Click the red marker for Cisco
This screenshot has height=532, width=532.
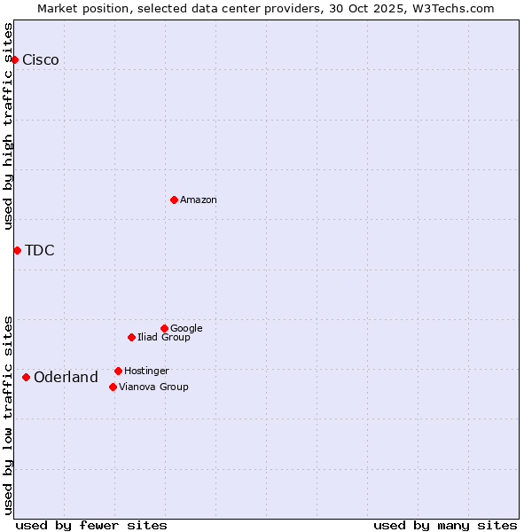(14, 59)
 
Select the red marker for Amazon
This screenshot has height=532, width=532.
(174, 199)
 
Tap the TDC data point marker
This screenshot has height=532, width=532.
(17, 250)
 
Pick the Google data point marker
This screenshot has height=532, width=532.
(164, 328)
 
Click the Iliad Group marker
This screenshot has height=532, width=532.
(131, 337)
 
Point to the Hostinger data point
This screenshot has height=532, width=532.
(118, 371)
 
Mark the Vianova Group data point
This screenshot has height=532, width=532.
(113, 387)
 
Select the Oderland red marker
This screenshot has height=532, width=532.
(26, 377)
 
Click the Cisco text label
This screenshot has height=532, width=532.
(41, 60)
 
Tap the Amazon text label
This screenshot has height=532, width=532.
(199, 200)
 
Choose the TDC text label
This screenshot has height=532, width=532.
(40, 251)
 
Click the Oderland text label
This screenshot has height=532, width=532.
(66, 378)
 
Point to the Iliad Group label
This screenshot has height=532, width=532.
(164, 338)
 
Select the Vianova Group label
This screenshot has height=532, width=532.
(153, 387)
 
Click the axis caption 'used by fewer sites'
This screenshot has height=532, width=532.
(91, 525)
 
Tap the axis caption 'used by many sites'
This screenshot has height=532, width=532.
(445, 525)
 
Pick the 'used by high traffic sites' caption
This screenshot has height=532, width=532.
(9, 126)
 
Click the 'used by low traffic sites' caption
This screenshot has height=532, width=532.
(9, 414)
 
